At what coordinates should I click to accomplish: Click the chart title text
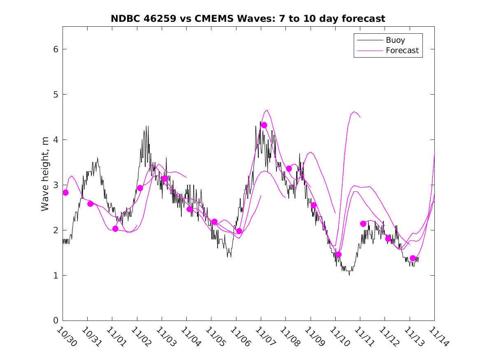[248, 19]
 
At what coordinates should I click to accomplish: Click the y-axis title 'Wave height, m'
[45, 174]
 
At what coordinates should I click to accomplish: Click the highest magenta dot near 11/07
[264, 125]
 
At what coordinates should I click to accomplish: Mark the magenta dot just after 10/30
[65, 193]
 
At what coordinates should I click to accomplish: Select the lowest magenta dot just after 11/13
[413, 258]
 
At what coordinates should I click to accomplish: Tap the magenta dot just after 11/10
[339, 254]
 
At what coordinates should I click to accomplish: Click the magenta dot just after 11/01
[115, 229]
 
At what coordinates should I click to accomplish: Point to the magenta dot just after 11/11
[363, 224]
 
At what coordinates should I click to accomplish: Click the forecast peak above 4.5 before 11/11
[354, 111]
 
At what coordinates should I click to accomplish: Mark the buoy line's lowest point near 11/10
[349, 275]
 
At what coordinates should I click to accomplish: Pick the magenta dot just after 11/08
[289, 169]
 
